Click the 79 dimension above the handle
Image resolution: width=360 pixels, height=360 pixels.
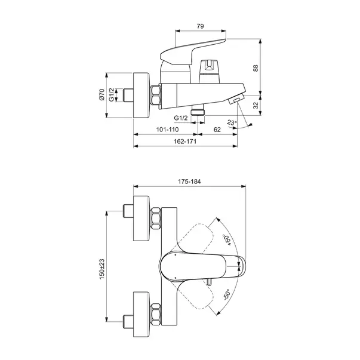pyautogui.click(x=200, y=26)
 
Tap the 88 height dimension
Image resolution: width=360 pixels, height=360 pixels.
pyautogui.click(x=256, y=68)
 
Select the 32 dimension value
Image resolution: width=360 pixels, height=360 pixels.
pyautogui.click(x=256, y=106)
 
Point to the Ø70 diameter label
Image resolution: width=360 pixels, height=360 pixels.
pyautogui.click(x=101, y=94)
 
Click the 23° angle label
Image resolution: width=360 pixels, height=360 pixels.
pyautogui.click(x=232, y=122)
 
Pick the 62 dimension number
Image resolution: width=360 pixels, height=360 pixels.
pyautogui.click(x=217, y=130)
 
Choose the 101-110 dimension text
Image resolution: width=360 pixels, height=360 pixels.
pyautogui.click(x=167, y=130)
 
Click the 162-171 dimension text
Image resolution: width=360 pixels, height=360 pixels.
pyautogui.click(x=185, y=141)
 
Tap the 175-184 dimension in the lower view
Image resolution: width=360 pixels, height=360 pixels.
pyautogui.click(x=189, y=181)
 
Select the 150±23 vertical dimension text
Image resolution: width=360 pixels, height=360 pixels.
pyautogui.click(x=101, y=269)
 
